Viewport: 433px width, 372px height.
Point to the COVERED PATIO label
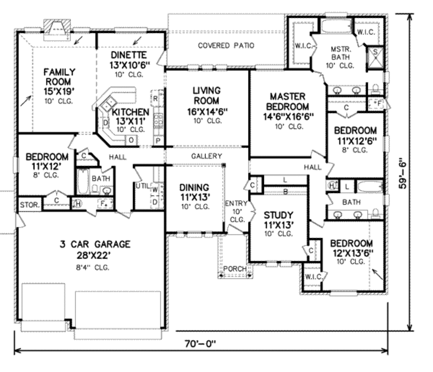pyautogui.click(x=226, y=46)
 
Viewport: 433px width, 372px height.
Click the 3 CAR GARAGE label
pyautogui.click(x=94, y=244)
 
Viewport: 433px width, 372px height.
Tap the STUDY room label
pyautogui.click(x=278, y=215)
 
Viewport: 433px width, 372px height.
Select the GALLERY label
pyautogui.click(x=206, y=156)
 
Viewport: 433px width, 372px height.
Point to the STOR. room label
pyautogui.click(x=30, y=205)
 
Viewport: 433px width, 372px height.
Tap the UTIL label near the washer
pyautogui.click(x=141, y=185)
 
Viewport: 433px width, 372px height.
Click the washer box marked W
pyautogui.click(x=155, y=189)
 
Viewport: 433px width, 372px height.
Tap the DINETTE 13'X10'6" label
pyautogui.click(x=129, y=60)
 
